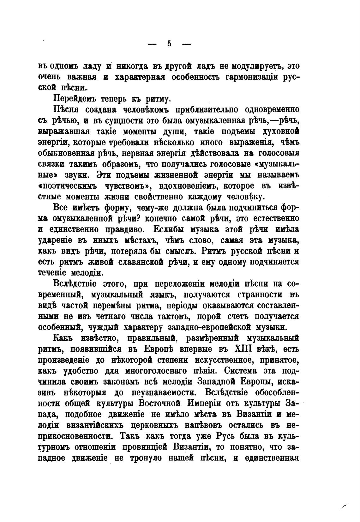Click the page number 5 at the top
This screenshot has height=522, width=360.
tap(169, 44)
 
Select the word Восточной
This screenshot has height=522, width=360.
tap(157, 404)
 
